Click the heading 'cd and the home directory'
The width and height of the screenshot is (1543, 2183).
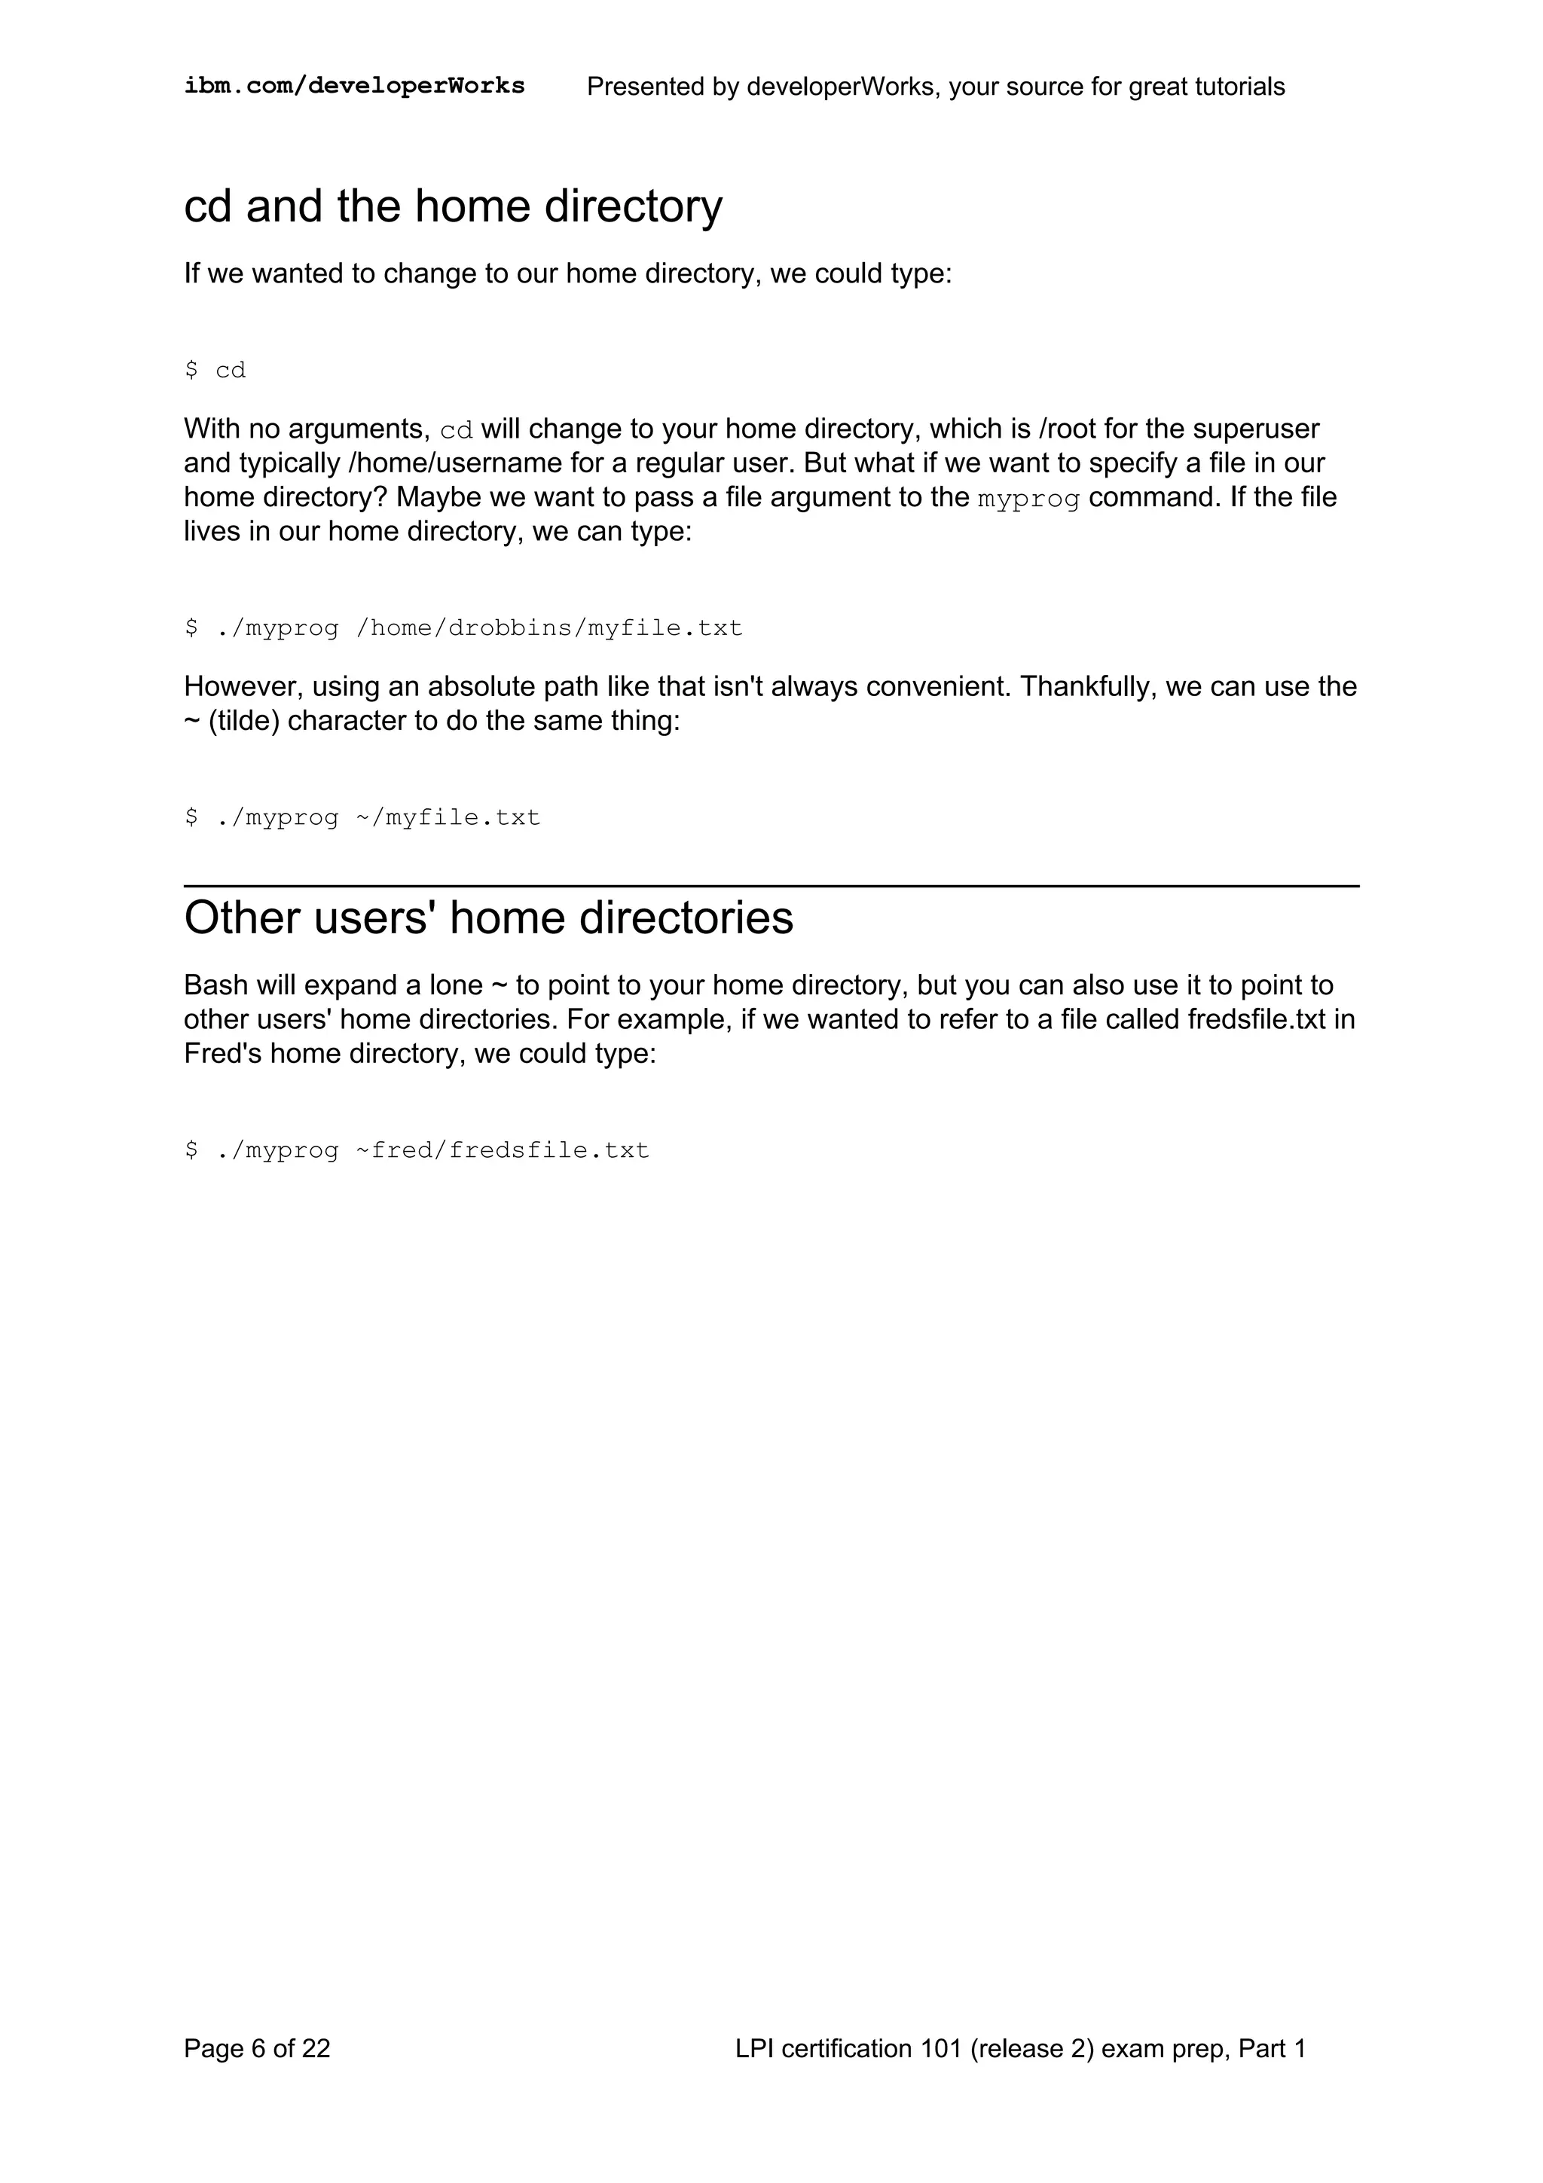click(x=453, y=206)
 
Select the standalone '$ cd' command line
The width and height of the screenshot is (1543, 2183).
click(x=215, y=370)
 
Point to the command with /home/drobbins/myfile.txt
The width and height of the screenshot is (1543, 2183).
click(x=464, y=628)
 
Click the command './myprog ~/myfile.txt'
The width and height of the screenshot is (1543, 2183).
click(x=362, y=817)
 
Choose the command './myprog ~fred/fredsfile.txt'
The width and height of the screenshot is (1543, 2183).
click(x=417, y=1150)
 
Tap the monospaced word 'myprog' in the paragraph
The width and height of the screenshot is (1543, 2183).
click(x=1028, y=498)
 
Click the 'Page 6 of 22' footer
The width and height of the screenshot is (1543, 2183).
click(x=257, y=2048)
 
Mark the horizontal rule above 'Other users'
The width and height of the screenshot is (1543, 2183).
click(x=771, y=885)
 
